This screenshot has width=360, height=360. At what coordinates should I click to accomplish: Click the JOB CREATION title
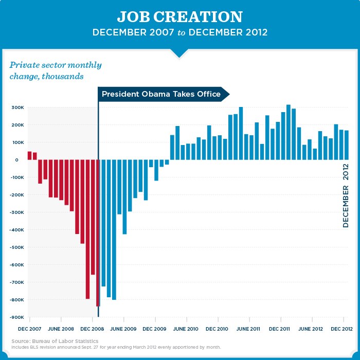click(x=179, y=16)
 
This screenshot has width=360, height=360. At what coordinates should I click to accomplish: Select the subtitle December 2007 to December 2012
click(x=179, y=32)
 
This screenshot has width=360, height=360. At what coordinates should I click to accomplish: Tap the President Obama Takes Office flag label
click(x=161, y=94)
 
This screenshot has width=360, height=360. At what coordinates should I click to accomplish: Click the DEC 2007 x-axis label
click(x=29, y=328)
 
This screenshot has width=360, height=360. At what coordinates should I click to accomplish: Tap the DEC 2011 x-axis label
click(x=280, y=328)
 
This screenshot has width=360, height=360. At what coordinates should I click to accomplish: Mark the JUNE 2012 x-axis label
click(x=311, y=328)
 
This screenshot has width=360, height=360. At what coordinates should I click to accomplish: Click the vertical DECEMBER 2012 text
click(x=346, y=195)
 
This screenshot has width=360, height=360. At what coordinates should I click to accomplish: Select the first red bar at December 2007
click(x=29, y=155)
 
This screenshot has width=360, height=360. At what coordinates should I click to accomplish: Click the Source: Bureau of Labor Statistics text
click(x=55, y=341)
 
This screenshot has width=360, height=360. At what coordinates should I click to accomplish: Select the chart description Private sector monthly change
click(x=56, y=71)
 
